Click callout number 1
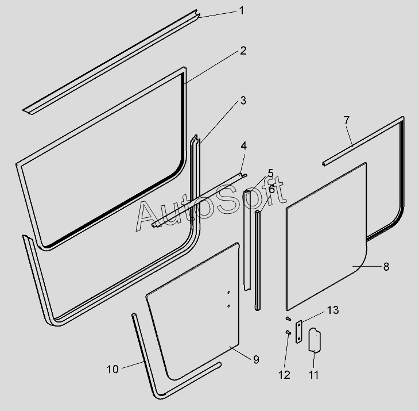[x=242, y=11]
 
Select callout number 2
[x=243, y=51]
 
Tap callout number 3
[x=243, y=101]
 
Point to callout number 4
[x=243, y=146]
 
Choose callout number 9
[x=256, y=359]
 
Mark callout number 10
[x=112, y=368]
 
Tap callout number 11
[x=313, y=375]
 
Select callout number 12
[x=285, y=375]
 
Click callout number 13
[x=333, y=310]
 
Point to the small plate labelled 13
[x=299, y=332]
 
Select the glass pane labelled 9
[x=195, y=310]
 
